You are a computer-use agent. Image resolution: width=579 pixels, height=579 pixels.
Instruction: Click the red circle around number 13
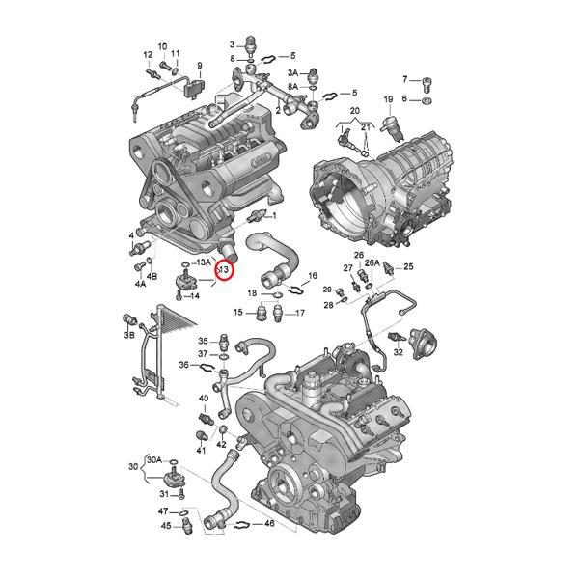point(223,271)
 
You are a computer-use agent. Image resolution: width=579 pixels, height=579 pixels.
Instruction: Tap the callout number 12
point(148,54)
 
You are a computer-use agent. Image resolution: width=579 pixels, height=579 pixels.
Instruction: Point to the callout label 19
point(388,100)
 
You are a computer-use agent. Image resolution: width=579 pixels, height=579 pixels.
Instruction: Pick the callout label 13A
point(203,262)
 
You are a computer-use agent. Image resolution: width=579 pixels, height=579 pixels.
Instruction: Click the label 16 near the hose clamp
point(312,277)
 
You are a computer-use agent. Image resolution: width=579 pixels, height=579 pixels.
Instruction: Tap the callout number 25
point(408,266)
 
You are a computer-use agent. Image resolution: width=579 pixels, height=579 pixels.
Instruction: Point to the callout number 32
point(398,354)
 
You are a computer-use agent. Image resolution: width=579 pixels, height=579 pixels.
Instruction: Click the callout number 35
point(204,342)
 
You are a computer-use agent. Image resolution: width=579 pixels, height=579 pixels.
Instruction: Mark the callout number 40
point(204,398)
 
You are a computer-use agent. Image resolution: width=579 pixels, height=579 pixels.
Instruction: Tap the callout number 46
point(269,524)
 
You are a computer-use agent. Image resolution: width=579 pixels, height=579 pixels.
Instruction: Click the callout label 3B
point(128,335)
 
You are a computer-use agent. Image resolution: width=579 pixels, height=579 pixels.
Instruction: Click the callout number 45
point(165,526)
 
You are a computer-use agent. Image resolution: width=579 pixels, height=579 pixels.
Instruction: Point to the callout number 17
point(300,313)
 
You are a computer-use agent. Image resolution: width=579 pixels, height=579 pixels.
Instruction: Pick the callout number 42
point(221,444)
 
